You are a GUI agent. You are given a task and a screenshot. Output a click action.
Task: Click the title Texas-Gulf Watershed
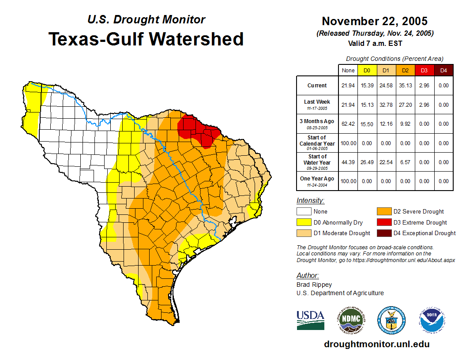(x=146, y=39)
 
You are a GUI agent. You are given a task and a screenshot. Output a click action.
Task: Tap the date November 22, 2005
(x=375, y=21)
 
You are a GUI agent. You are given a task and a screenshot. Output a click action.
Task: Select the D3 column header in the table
(x=424, y=70)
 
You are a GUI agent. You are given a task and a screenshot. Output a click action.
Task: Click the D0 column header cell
(x=367, y=70)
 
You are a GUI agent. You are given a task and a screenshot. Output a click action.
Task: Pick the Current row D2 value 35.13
(x=405, y=86)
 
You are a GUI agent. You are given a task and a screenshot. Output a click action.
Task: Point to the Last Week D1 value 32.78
(x=386, y=105)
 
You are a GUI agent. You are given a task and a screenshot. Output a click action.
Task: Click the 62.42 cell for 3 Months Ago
(x=348, y=124)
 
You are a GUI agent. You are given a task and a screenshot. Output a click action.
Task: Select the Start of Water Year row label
(x=317, y=162)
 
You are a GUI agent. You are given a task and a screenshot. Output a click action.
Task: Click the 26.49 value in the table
(x=367, y=162)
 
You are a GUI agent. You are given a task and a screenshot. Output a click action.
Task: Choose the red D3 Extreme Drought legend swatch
(x=383, y=222)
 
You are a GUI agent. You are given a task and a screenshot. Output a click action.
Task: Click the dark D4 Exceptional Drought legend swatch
(x=383, y=233)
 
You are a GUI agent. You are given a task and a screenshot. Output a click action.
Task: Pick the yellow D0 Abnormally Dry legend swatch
(x=303, y=222)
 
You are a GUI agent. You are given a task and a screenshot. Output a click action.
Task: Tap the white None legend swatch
(x=303, y=212)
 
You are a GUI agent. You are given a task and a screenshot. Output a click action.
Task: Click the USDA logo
(x=310, y=320)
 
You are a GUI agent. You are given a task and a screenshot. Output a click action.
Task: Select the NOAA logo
(x=432, y=320)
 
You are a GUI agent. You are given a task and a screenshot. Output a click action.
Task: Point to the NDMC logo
(x=352, y=320)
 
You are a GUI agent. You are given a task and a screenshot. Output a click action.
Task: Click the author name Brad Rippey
(x=314, y=285)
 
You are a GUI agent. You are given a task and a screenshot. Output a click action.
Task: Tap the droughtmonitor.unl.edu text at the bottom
(x=376, y=344)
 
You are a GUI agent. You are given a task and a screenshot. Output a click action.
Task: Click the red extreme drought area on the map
(x=199, y=128)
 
